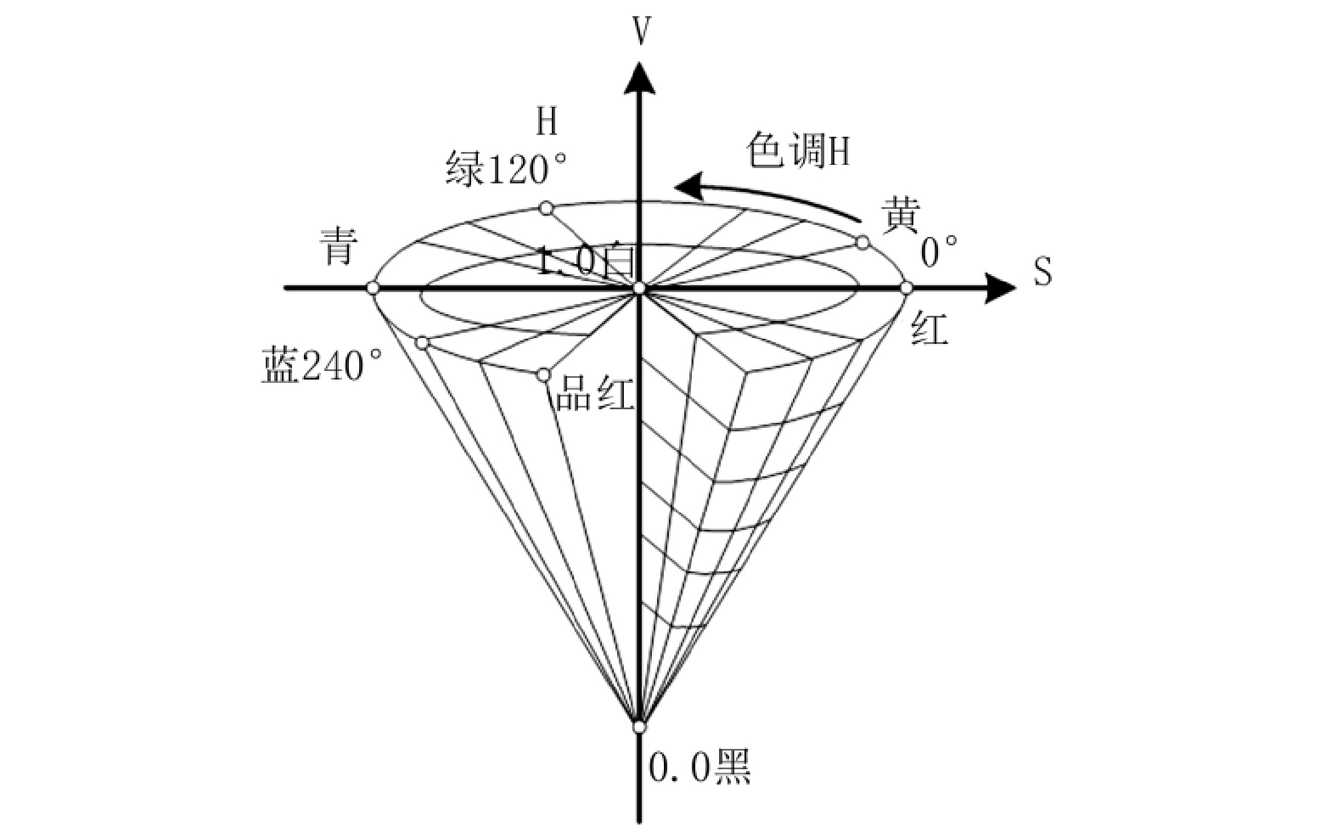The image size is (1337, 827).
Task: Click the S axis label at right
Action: pos(1042,273)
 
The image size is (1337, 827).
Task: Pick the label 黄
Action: pos(901,216)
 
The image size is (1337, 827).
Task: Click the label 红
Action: pos(930,328)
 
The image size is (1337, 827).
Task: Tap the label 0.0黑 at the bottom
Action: pos(699,768)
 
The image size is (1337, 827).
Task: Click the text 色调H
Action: pos(798,152)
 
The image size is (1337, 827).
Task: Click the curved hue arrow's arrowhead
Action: pos(689,186)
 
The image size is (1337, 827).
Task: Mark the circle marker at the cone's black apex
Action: pos(639,727)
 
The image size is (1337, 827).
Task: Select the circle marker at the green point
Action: pos(547,208)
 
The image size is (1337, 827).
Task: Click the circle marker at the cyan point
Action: pos(373,288)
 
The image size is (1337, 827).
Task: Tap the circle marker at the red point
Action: pos(907,288)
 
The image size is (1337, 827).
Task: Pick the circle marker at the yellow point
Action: pos(862,243)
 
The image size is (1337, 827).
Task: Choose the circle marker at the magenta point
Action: pos(543,374)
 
